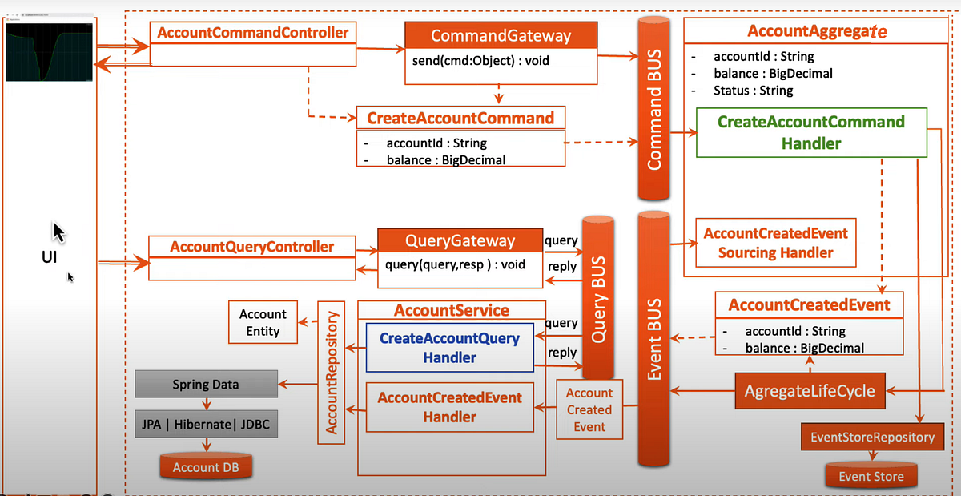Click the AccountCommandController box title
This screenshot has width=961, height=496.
pyautogui.click(x=253, y=33)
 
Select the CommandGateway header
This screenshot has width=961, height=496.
pyautogui.click(x=501, y=36)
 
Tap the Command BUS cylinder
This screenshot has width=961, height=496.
pyautogui.click(x=655, y=112)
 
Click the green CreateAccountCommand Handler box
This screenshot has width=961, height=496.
pyautogui.click(x=810, y=133)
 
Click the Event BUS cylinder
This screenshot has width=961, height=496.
pyautogui.click(x=653, y=337)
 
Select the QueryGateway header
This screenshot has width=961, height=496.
pyautogui.click(x=460, y=241)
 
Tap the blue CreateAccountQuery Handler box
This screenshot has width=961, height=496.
pyautogui.click(x=449, y=348)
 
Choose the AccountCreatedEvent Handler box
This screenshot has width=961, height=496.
pyautogui.click(x=449, y=407)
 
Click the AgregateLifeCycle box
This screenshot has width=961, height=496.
pyautogui.click(x=809, y=392)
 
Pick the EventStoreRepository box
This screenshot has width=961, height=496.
pyautogui.click(x=872, y=438)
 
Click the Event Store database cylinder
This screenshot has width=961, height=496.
pyautogui.click(x=871, y=475)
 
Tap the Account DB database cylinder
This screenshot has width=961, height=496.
pyautogui.click(x=206, y=466)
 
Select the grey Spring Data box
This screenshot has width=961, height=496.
pyautogui.click(x=206, y=385)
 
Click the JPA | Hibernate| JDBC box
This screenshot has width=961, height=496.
pyautogui.click(x=206, y=425)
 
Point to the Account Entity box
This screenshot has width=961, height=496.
pyautogui.click(x=263, y=322)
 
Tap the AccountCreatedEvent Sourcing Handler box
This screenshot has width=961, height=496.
pyautogui.click(x=775, y=243)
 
